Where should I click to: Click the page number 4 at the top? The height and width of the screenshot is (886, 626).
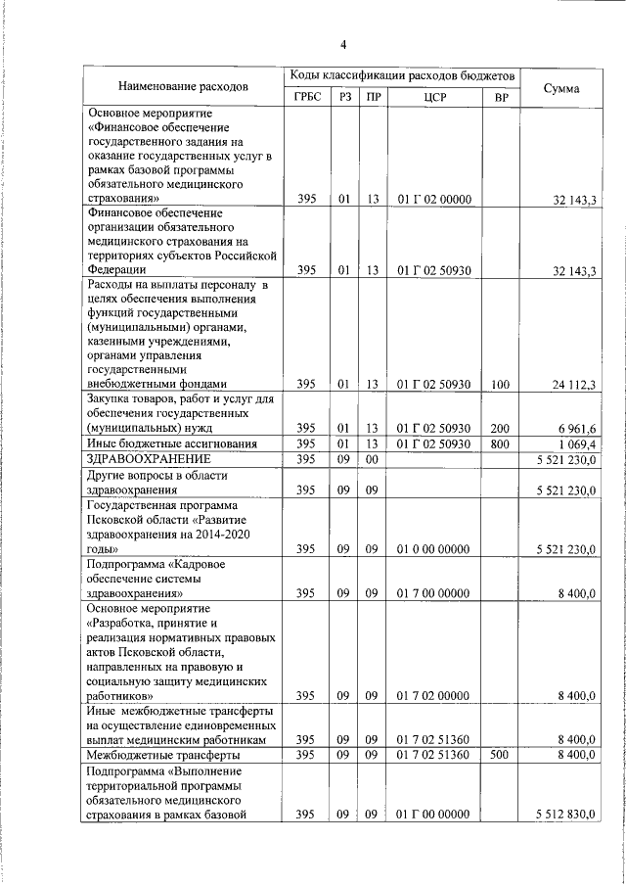(x=343, y=43)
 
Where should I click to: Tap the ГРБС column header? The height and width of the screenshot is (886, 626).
(x=307, y=97)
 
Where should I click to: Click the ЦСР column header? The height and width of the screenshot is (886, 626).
(x=435, y=97)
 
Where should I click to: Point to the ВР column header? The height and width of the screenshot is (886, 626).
(x=502, y=97)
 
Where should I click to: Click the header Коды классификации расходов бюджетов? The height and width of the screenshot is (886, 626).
(x=400, y=75)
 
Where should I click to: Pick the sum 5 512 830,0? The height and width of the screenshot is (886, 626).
(x=566, y=814)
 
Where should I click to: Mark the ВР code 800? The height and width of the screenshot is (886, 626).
(x=501, y=443)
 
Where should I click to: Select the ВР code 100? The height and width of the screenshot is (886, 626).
(x=501, y=385)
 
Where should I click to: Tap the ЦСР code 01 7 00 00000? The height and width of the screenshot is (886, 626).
(x=435, y=592)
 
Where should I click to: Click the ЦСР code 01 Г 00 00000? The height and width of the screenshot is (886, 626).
(x=435, y=814)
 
